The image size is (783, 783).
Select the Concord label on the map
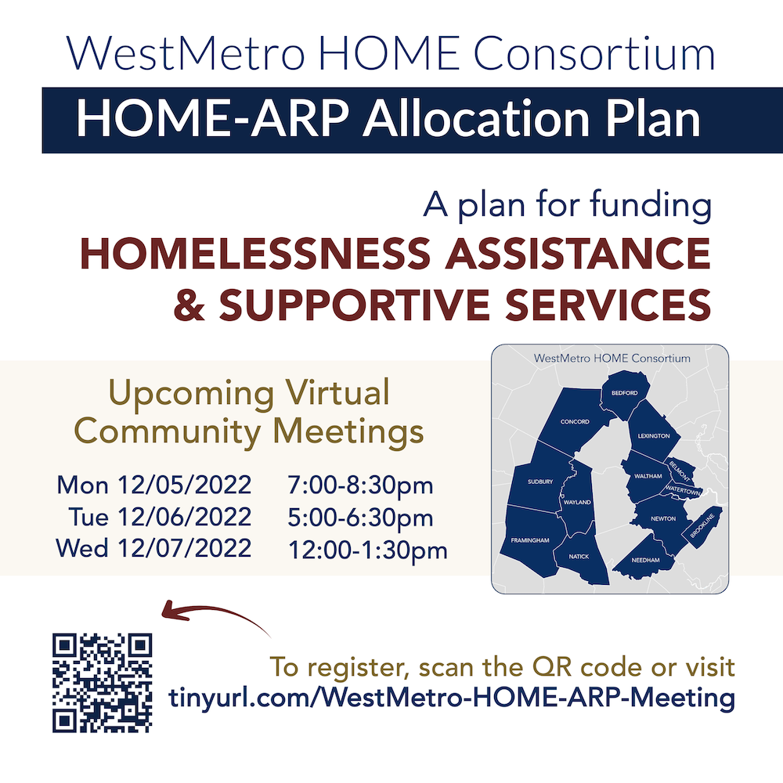(575, 422)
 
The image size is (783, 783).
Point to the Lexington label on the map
(654, 435)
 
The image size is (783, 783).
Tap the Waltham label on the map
(648, 475)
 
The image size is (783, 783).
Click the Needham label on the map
(646, 561)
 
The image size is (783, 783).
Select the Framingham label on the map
(530, 540)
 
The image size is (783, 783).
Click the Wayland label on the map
(578, 502)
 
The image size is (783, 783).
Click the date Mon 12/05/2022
(154, 485)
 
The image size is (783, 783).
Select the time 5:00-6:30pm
(360, 518)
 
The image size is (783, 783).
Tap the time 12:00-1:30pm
(368, 550)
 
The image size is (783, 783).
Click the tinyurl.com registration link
(452, 697)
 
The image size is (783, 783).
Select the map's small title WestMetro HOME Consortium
(612, 358)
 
